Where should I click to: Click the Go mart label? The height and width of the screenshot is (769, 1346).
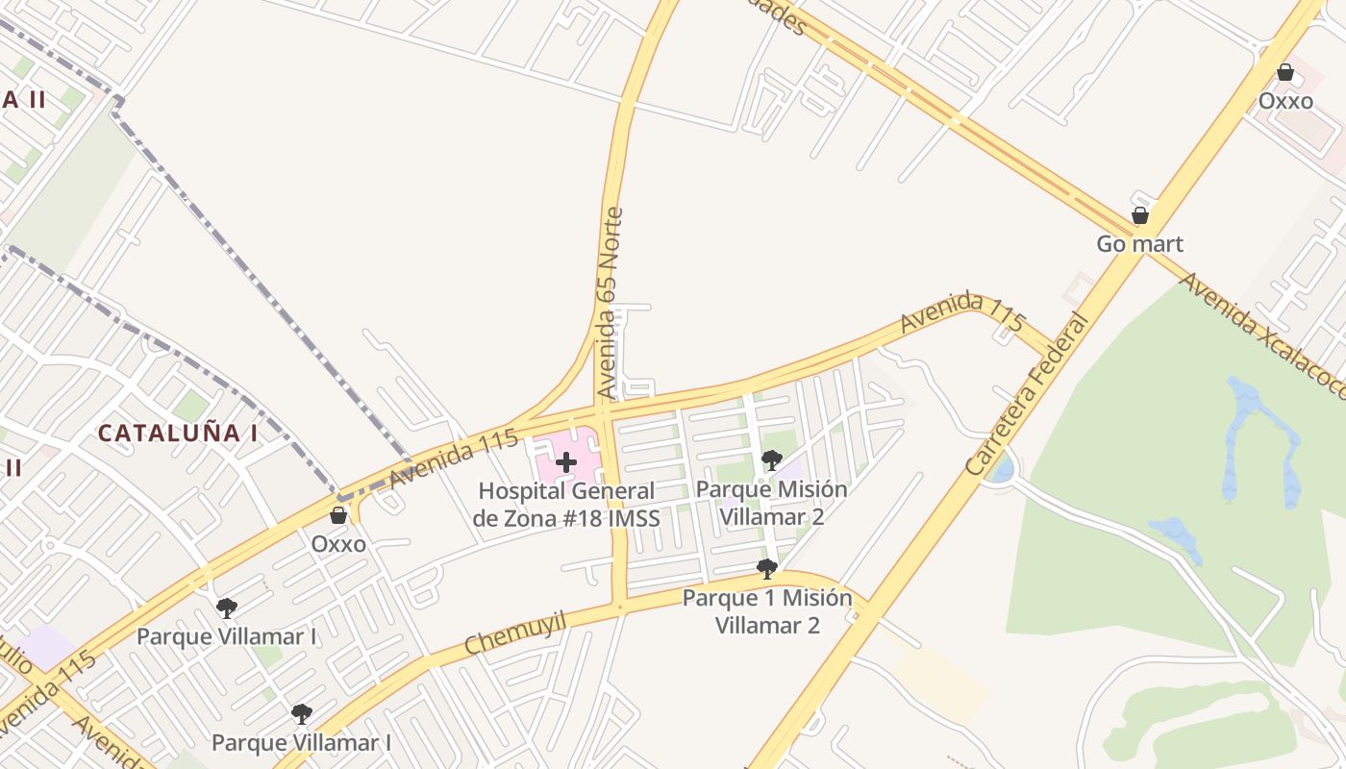coord(1139,244)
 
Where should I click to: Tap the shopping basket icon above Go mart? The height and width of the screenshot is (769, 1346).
coord(1139,215)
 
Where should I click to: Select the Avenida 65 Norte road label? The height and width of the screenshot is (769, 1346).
coord(610,303)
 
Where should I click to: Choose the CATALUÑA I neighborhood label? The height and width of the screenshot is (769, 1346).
coord(178,433)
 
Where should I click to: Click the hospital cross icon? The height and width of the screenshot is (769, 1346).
coord(566,462)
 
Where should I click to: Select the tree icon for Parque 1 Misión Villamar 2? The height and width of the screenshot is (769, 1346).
coord(766,569)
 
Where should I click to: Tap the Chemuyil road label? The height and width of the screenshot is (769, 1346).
coord(514,633)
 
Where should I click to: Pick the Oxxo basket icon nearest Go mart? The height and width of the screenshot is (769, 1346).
coord(1284,72)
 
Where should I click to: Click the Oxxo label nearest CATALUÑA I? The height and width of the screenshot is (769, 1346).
coord(338,544)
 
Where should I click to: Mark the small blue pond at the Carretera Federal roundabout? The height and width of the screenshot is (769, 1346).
coord(1003,470)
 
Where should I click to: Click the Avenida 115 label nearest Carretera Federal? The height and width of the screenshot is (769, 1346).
coord(962,310)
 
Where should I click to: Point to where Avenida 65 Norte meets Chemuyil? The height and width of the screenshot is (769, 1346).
coord(620,606)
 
